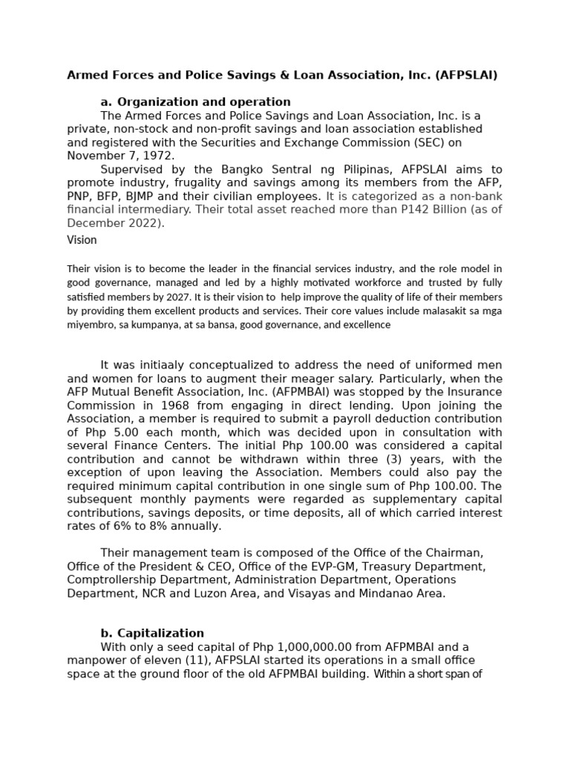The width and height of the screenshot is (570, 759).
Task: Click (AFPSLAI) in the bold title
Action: tap(466, 75)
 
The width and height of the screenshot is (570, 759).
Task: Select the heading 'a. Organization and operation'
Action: tap(195, 102)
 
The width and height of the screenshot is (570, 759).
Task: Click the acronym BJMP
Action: tap(154, 196)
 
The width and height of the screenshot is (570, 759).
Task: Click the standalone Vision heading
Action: tap(82, 240)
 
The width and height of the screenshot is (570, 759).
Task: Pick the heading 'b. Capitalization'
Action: tap(152, 633)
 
